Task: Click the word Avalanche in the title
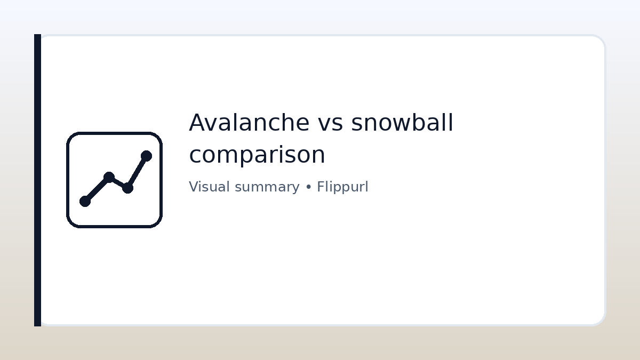(x=249, y=123)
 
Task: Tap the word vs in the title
(x=330, y=123)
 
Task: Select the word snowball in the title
(x=402, y=123)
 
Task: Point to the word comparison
(x=257, y=155)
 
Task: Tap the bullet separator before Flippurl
(x=308, y=188)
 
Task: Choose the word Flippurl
(x=342, y=187)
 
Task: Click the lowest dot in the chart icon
(x=85, y=201)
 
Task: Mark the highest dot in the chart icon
(x=146, y=156)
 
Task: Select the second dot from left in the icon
(x=109, y=177)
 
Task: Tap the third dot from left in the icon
(x=127, y=188)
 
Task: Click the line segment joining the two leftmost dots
(x=97, y=189)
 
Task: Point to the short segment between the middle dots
(x=118, y=182)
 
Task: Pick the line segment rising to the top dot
(x=137, y=172)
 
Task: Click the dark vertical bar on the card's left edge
(x=37, y=180)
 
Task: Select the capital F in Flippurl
(x=320, y=187)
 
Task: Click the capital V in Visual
(x=193, y=187)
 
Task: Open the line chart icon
(x=114, y=180)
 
